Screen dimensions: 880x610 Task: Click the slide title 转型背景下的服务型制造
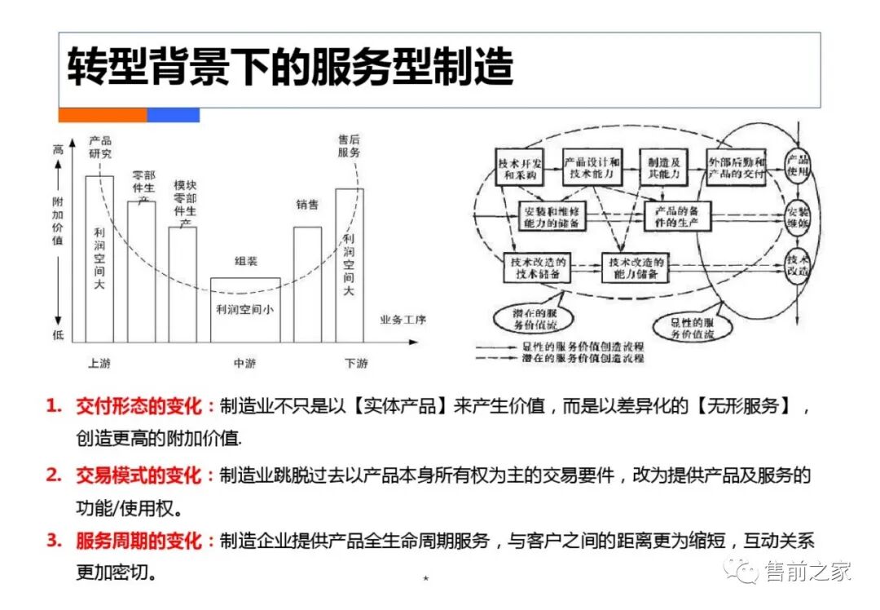[290, 67]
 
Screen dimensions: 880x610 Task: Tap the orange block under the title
[103, 115]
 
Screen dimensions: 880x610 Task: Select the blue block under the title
[173, 115]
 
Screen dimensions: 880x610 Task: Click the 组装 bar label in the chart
[245, 261]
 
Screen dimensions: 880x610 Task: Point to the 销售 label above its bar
[307, 205]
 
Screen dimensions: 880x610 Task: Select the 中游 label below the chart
[244, 364]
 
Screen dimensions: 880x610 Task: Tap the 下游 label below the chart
[356, 364]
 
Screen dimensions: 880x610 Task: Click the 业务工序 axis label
[403, 319]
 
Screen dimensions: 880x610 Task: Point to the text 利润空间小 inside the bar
[244, 309]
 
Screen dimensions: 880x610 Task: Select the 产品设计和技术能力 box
[592, 167]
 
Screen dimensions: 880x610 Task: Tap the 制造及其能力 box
[662, 167]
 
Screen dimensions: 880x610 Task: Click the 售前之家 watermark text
[807, 571]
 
